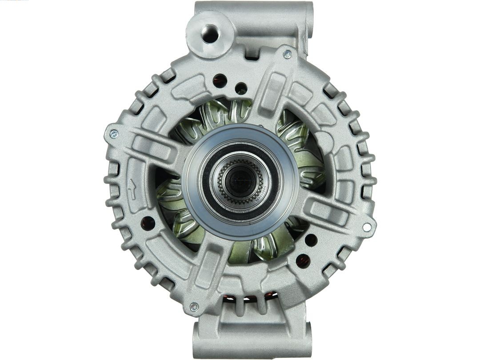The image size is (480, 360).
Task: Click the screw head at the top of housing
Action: click(288, 55)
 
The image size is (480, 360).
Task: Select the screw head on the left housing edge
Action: click(114, 134)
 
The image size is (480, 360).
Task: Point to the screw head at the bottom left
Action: click(194, 307)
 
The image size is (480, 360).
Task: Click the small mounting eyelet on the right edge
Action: click(367, 227)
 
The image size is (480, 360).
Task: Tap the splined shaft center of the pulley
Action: click(240, 180)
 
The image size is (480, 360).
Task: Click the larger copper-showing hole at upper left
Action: click(220, 81)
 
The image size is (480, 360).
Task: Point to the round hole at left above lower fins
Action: click(148, 223)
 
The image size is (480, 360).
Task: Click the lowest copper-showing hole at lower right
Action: click(303, 260)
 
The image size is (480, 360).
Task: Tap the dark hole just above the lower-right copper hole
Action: click(311, 240)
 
